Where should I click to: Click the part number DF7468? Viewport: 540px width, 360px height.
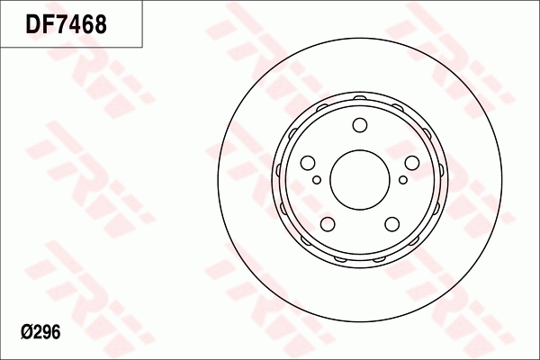[66, 23]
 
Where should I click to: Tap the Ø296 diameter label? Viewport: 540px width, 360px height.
[40, 332]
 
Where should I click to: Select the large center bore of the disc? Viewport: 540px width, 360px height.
[359, 179]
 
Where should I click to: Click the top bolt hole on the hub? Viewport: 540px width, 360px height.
[360, 125]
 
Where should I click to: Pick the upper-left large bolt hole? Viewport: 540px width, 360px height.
[308, 163]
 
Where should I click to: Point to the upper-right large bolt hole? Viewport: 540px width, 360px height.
[412, 163]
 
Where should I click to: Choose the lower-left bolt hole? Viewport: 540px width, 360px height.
[328, 224]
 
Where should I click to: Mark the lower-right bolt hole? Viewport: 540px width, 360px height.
[391, 224]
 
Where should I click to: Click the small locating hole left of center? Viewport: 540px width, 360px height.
[317, 179]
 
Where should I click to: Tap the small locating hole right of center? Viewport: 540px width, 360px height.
[403, 179]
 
